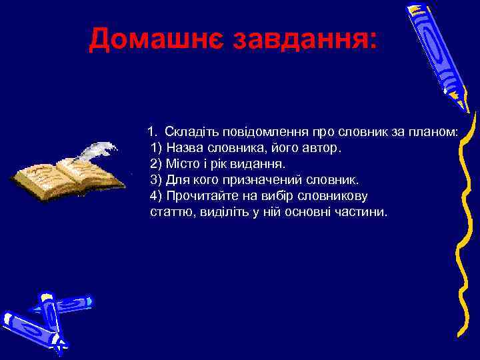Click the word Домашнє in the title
pos(156,39)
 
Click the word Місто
pos(184,163)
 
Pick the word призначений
pos(275,180)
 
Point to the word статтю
pos(169,212)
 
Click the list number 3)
pos(157,180)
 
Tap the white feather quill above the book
pos(93,149)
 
